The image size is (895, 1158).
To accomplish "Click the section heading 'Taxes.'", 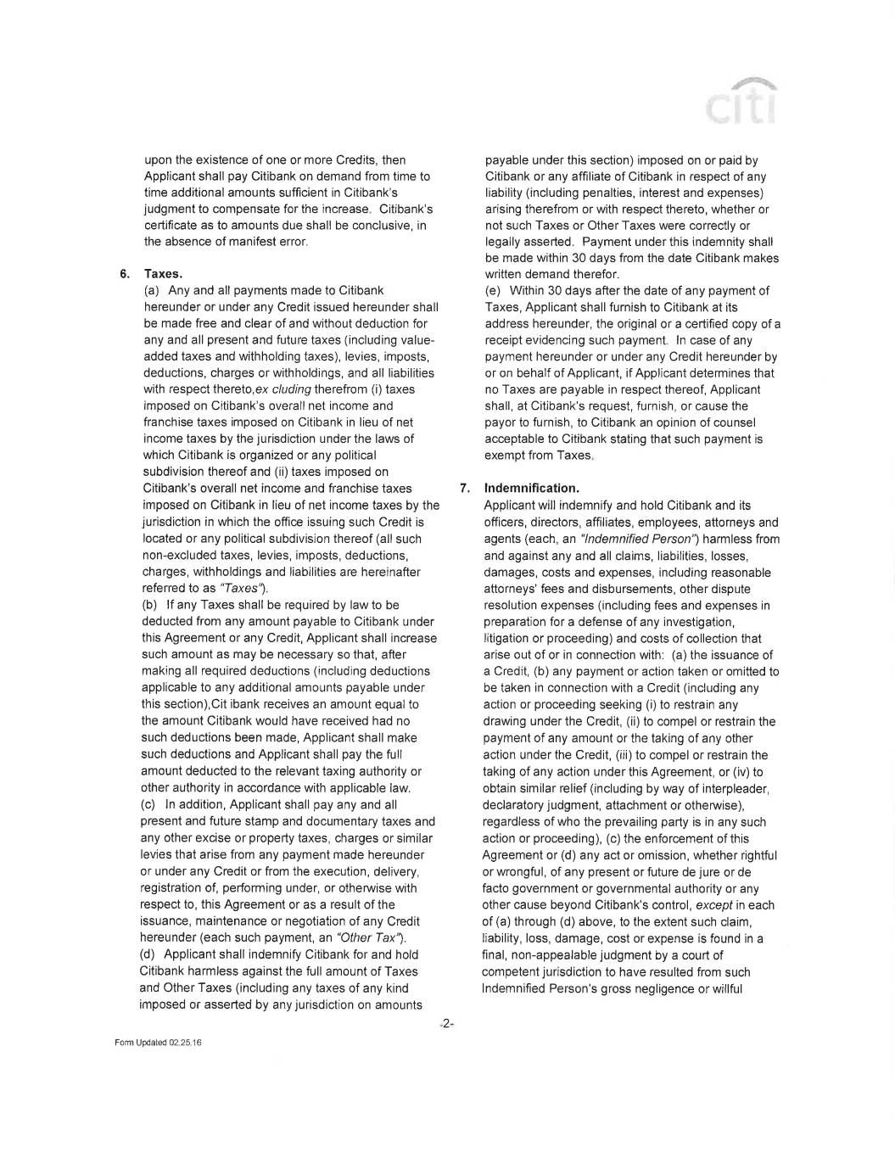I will click(164, 274).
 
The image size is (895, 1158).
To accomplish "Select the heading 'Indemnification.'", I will click(532, 489).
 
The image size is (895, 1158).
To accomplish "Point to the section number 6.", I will click(124, 274).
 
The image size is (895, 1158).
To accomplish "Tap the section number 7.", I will click(464, 489).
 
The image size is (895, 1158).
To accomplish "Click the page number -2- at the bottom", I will click(447, 1024).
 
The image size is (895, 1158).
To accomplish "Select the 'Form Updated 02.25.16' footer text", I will click(158, 1043).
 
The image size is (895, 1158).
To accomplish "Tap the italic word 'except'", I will click(713, 905).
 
